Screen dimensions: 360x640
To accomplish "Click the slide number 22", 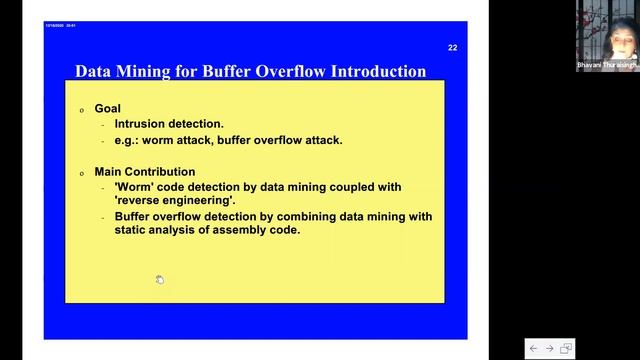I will point(452,47).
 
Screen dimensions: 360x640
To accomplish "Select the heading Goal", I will point(107,108).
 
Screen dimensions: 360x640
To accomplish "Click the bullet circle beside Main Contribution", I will point(82,173).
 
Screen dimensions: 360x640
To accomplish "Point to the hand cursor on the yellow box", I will point(160,279).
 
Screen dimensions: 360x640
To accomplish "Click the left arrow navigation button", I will point(533,348).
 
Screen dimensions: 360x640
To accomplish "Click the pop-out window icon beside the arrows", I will point(566,348).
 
